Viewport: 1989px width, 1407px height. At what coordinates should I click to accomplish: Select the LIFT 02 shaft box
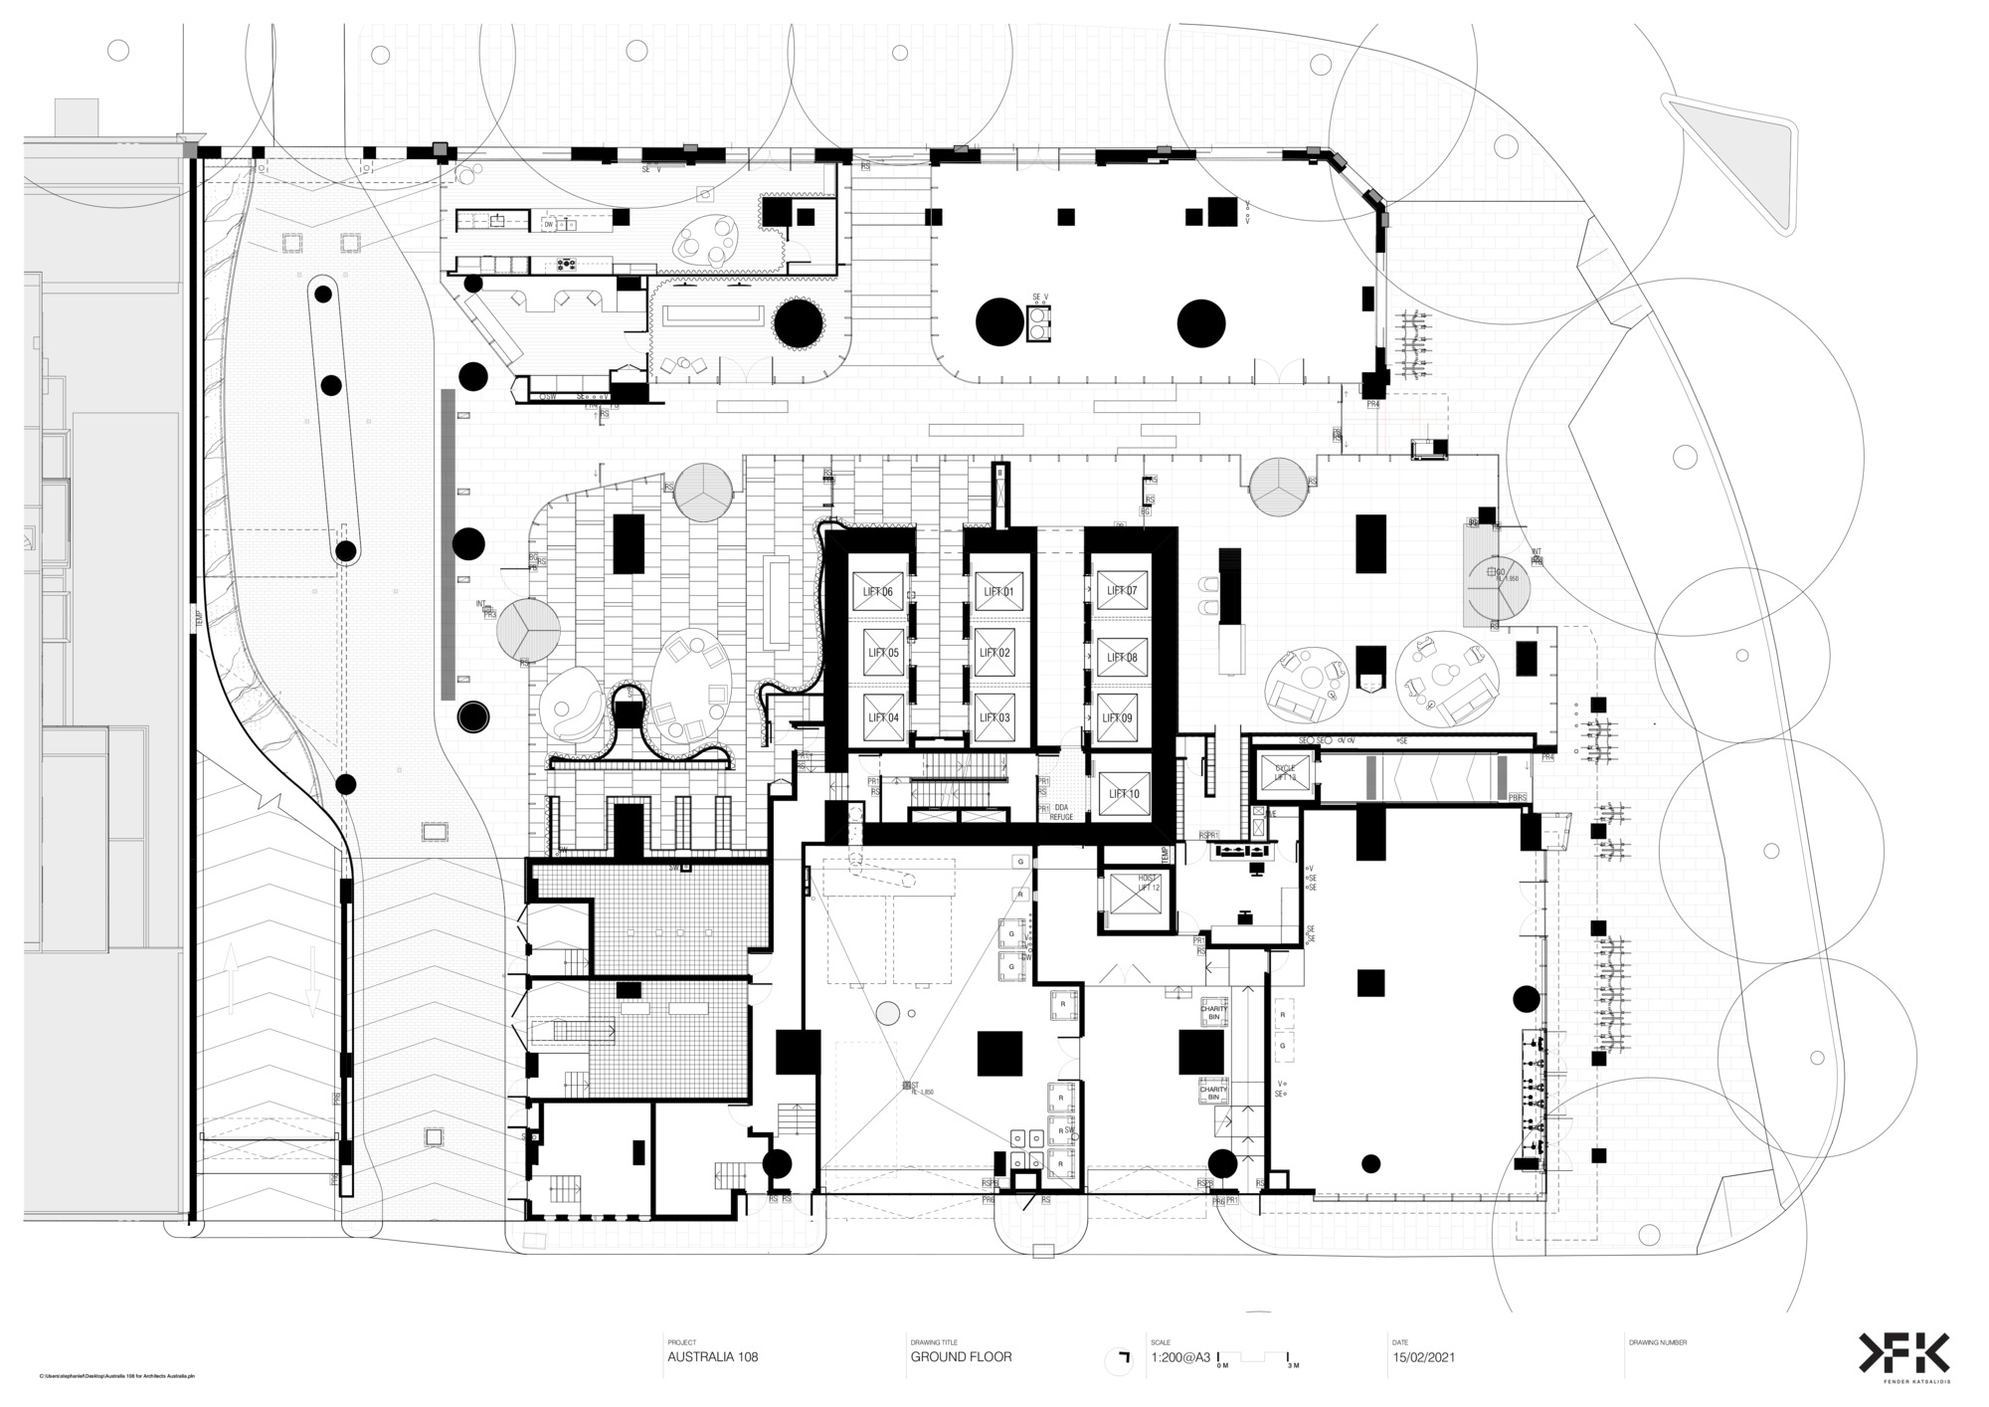995,654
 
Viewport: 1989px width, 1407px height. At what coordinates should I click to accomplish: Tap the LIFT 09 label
1122,717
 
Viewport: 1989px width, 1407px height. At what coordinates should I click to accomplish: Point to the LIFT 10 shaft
1123,793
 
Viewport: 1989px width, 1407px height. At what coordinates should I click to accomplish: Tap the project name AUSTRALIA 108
712,1356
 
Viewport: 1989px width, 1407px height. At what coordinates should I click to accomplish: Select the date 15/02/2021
1424,1356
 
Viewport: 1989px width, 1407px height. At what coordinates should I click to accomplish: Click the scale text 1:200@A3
1180,1356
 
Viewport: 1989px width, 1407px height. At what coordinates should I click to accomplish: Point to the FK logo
1904,1353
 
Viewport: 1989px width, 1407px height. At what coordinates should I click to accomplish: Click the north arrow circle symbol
1121,1360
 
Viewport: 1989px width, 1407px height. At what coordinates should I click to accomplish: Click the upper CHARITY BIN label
1213,1012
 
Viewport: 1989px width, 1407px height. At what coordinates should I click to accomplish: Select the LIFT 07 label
1122,590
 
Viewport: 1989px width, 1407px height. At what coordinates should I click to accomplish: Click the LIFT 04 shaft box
882,717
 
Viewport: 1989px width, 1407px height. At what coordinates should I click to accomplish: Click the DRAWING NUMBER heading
1657,1341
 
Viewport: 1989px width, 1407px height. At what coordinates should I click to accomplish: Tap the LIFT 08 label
1122,657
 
